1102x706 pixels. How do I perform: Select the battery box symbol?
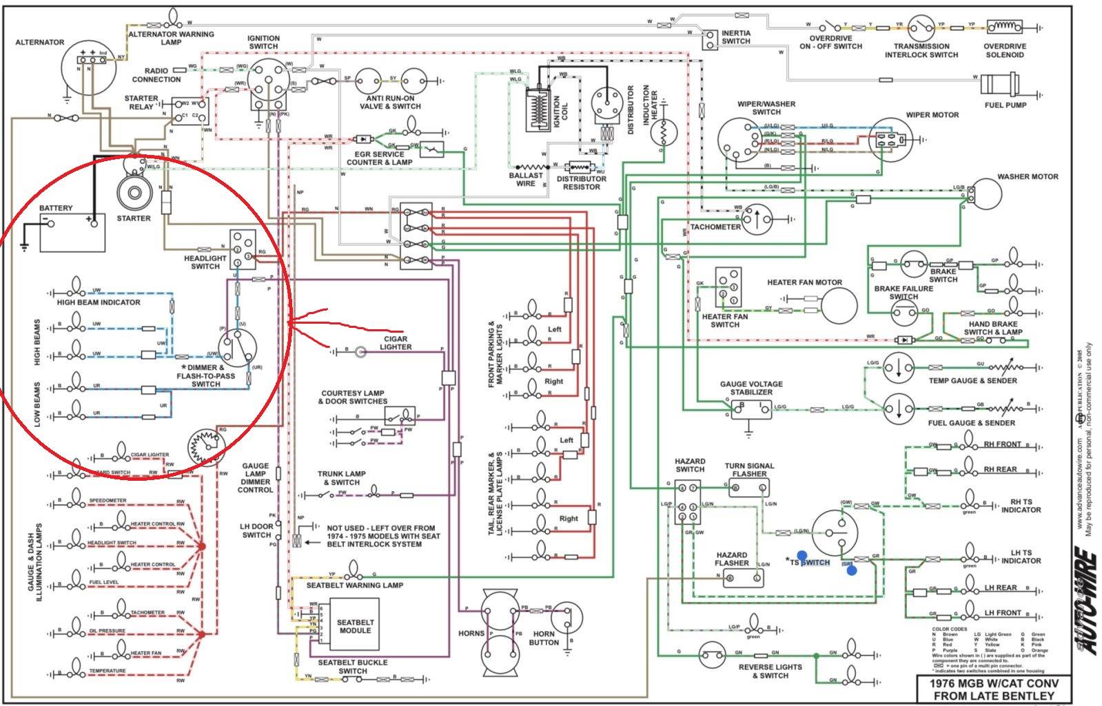pyautogui.click(x=72, y=233)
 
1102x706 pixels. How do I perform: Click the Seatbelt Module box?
pyautogui.click(x=355, y=625)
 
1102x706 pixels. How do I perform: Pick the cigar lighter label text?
pyautogui.click(x=396, y=343)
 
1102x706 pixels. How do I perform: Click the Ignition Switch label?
pyautogui.click(x=263, y=43)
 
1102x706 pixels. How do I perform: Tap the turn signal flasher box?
pyautogui.click(x=748, y=488)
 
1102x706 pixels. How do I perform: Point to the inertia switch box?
pyautogui.click(x=710, y=39)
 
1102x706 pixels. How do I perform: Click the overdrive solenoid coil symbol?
pyautogui.click(x=1004, y=27)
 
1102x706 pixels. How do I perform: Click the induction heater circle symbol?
pyautogui.click(x=662, y=130)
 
